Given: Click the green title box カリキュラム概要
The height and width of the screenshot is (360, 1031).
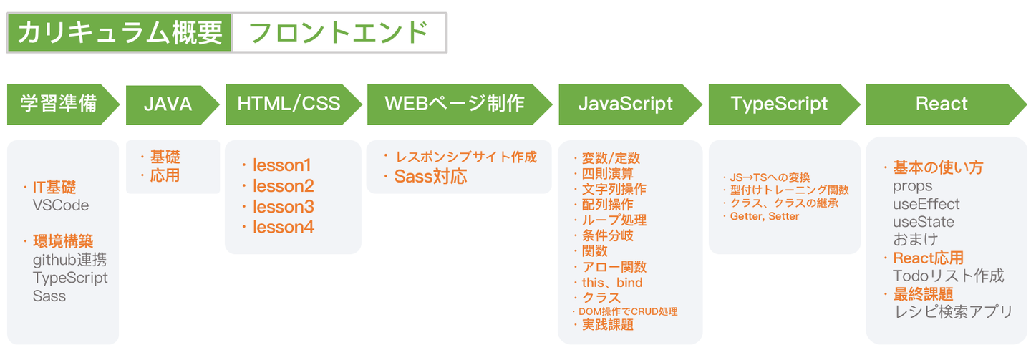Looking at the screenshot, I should pyautogui.click(x=120, y=32).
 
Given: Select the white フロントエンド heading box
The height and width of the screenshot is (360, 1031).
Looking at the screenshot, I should pyautogui.click(x=339, y=32).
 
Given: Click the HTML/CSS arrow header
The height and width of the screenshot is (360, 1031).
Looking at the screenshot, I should pyautogui.click(x=289, y=104).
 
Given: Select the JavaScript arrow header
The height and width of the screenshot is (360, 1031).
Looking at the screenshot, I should pyautogui.click(x=626, y=104).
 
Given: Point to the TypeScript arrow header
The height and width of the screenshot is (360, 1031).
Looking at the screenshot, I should pyautogui.click(x=779, y=104).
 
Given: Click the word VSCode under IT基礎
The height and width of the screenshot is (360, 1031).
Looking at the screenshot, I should pyautogui.click(x=61, y=205).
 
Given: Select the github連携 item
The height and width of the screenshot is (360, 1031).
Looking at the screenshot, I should pyautogui.click(x=70, y=260).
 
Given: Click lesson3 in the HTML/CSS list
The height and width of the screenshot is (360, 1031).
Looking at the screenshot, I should pyautogui.click(x=283, y=207).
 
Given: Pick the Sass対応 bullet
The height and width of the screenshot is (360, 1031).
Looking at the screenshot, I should pyautogui.click(x=430, y=177).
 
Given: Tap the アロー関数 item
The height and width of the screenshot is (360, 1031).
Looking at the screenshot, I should pyautogui.click(x=614, y=267).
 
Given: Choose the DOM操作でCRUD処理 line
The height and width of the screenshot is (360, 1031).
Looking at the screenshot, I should pyautogui.click(x=628, y=311).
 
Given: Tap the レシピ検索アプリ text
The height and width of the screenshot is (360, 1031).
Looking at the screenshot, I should pyautogui.click(x=953, y=311).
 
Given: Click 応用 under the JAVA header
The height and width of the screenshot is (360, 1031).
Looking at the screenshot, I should pyautogui.click(x=165, y=175).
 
